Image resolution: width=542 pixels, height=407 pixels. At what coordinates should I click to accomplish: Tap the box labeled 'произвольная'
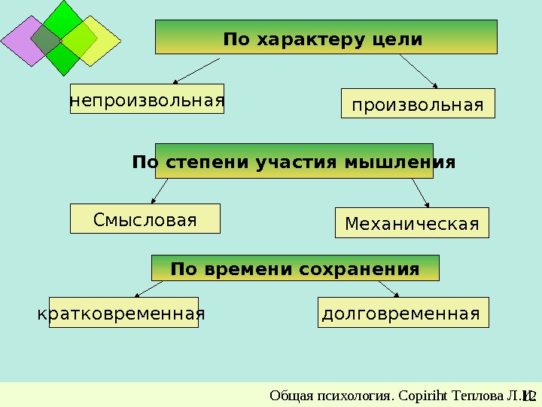pyautogui.click(x=419, y=104)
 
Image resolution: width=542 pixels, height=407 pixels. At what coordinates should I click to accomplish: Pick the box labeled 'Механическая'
pyautogui.click(x=411, y=224)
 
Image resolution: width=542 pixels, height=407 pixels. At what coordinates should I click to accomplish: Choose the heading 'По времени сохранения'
pyautogui.click(x=295, y=268)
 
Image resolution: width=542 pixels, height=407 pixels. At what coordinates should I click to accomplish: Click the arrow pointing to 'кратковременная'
pyautogui.click(x=148, y=289)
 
